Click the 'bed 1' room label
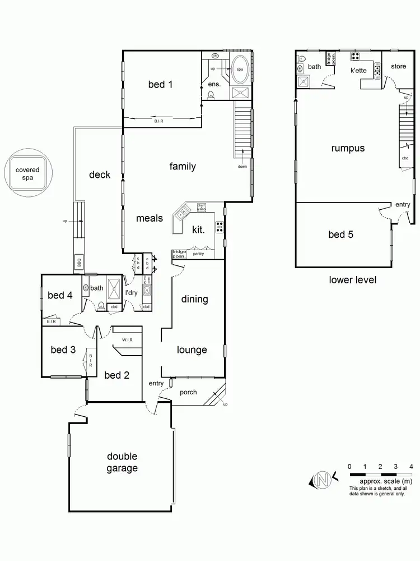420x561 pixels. [160, 85]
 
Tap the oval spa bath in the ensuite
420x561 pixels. [242, 68]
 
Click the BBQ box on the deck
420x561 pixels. [78, 263]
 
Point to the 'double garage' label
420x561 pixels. [122, 462]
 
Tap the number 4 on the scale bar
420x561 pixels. [411, 466]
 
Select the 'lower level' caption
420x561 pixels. [352, 279]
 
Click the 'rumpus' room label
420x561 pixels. [348, 149]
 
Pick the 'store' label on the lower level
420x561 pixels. [398, 66]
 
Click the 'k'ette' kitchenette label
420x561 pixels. [358, 71]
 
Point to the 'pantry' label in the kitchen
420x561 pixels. [198, 254]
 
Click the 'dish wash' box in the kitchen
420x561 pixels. [202, 206]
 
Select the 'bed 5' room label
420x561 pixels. [340, 234]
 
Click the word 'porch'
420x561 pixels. [188, 392]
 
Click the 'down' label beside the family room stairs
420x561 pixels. [242, 166]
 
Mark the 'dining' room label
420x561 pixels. [194, 299]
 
